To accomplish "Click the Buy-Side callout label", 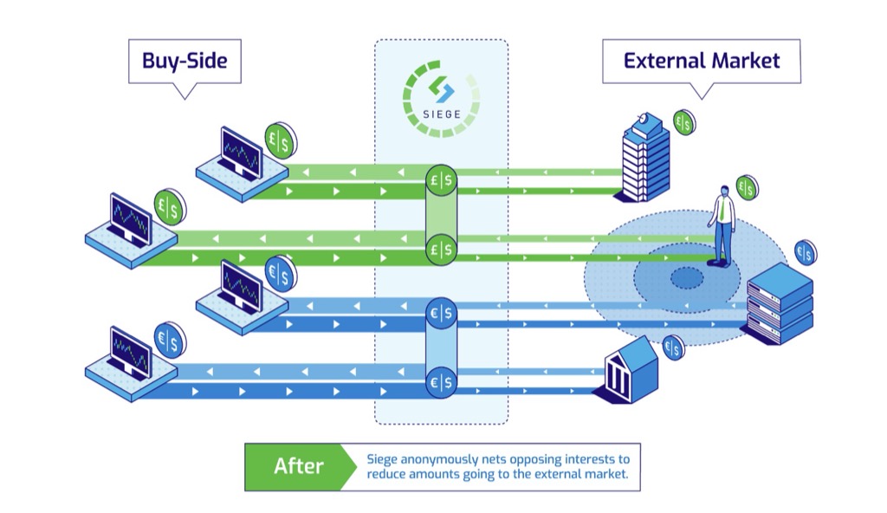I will [x=185, y=62].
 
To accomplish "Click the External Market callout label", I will [x=701, y=61].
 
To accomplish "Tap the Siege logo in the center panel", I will [x=441, y=98].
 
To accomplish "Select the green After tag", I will [x=298, y=466].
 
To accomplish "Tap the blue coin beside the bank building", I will [x=673, y=347].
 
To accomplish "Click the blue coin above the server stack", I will [x=806, y=252].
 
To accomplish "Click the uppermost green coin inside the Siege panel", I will [x=441, y=179].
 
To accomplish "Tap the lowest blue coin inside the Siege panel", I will [x=441, y=380].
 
